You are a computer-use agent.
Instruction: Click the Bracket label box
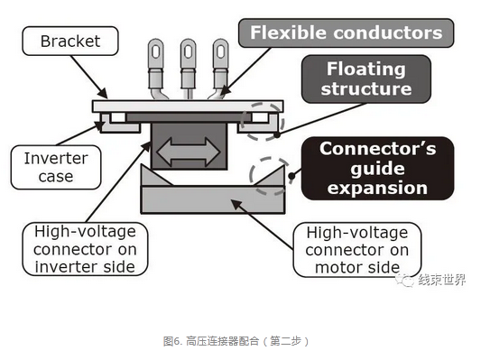[70, 41]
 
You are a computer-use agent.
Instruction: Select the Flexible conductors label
[346, 32]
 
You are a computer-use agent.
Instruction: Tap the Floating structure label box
[366, 78]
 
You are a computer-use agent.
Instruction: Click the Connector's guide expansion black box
[377, 168]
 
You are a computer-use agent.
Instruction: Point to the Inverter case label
[56, 167]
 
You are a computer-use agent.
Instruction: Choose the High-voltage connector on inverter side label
[85, 249]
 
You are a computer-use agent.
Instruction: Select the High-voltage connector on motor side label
[357, 250]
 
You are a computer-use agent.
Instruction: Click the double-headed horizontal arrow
[189, 152]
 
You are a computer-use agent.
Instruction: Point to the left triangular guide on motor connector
[154, 177]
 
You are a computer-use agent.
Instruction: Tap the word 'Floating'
[366, 69]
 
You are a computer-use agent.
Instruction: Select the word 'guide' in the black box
[377, 170]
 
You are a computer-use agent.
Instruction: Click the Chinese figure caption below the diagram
[236, 341]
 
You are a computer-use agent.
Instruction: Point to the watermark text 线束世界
[442, 280]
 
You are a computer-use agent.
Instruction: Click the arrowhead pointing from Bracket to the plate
[103, 93]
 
